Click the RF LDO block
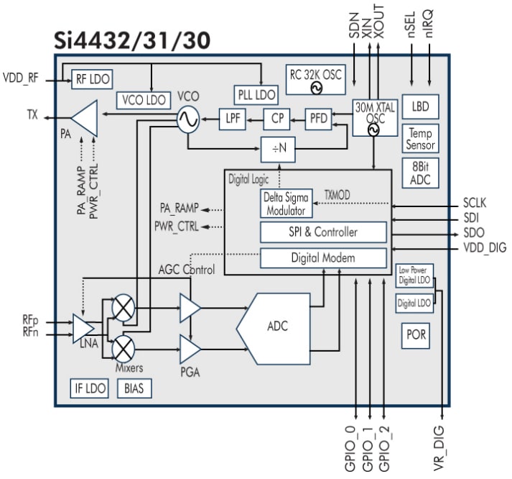pyautogui.click(x=92, y=79)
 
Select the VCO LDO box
pyautogui.click(x=142, y=100)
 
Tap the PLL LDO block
pyautogui.click(x=256, y=94)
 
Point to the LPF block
pyautogui.click(x=232, y=119)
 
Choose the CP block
pyautogui.click(x=276, y=119)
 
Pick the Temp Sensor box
pyautogui.click(x=420, y=139)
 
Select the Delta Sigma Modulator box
pyautogui.click(x=285, y=204)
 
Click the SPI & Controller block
pyautogui.click(x=323, y=232)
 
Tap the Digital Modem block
pyautogui.click(x=323, y=257)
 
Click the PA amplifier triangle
pyautogui.click(x=85, y=116)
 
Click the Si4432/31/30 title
pyautogui.click(x=132, y=41)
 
